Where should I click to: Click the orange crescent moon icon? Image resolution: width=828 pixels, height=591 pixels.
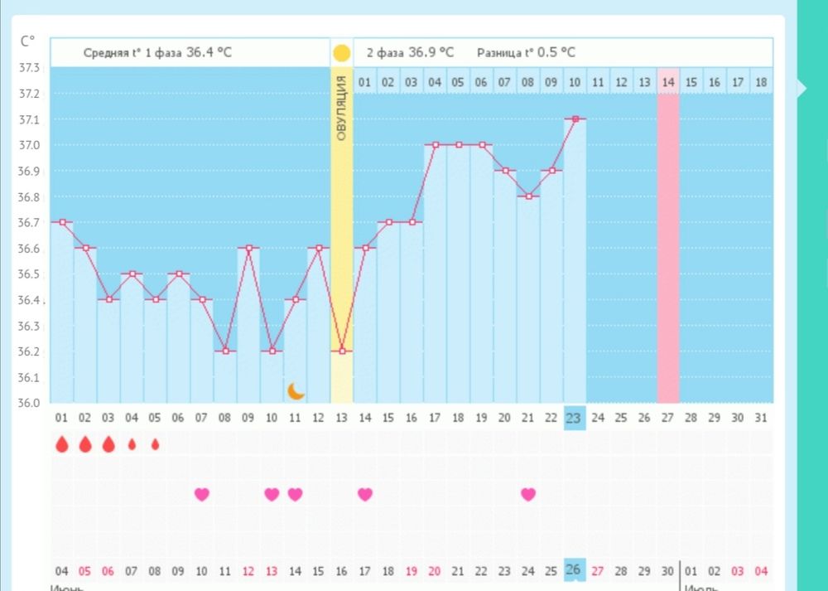(x=296, y=390)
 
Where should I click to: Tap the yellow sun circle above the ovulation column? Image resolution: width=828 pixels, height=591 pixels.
(x=341, y=53)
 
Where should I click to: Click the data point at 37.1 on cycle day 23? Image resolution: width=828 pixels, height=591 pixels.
(x=575, y=119)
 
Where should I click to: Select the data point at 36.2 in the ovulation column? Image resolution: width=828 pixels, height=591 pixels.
(x=342, y=351)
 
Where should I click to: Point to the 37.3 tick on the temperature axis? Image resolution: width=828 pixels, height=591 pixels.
(x=29, y=67)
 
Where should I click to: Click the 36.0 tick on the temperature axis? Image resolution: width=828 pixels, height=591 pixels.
(x=29, y=403)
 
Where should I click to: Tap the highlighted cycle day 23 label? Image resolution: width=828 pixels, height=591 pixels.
(x=573, y=419)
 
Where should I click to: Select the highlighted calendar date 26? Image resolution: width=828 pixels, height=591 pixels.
(x=573, y=569)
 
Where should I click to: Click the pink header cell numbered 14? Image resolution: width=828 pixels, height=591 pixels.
(x=668, y=82)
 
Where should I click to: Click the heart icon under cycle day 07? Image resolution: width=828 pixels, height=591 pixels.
(x=201, y=494)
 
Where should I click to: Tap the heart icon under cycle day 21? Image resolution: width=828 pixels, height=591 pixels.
(x=528, y=494)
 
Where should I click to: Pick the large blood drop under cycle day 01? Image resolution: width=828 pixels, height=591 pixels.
(x=61, y=444)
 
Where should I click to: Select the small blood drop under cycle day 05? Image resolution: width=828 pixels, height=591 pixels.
(x=155, y=444)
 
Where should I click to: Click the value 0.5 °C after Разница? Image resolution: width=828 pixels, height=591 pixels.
(x=556, y=52)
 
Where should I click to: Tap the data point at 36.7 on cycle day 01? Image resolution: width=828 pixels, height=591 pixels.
(x=61, y=222)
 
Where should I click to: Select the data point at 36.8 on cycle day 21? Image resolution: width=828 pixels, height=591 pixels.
(x=528, y=196)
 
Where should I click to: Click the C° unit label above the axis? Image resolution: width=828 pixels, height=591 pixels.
(x=28, y=40)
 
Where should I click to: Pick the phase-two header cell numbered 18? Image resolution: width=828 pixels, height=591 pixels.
(x=761, y=82)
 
